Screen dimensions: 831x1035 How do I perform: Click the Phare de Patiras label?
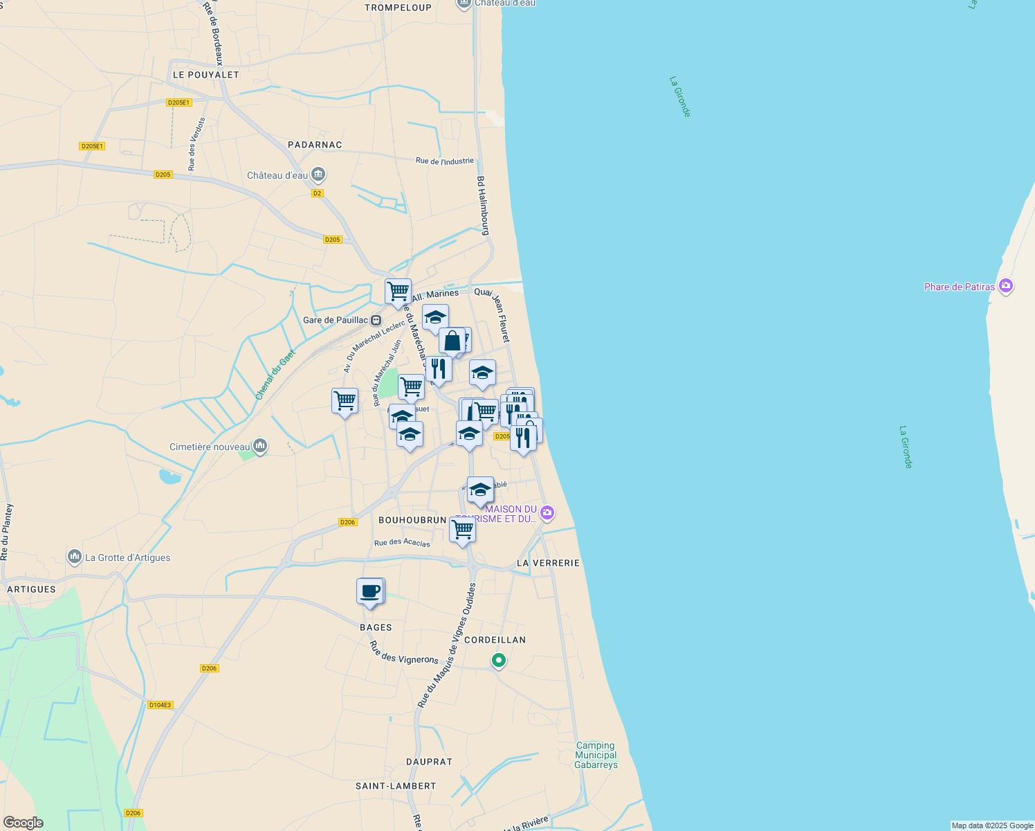(960, 287)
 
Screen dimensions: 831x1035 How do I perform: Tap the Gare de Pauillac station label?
(336, 320)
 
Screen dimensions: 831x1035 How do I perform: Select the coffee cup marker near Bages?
(370, 591)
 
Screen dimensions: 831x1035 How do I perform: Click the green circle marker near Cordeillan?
(498, 661)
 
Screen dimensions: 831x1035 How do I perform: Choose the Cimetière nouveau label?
(210, 447)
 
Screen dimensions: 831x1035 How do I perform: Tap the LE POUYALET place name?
(205, 75)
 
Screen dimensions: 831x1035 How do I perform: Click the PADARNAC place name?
(315, 145)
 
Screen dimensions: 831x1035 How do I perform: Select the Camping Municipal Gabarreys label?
(596, 755)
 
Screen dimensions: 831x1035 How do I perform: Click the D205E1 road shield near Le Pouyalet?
(178, 102)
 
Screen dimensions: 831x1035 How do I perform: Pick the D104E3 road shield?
(160, 705)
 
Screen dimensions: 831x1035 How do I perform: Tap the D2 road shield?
(318, 193)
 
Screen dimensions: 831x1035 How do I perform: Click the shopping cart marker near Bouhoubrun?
(462, 530)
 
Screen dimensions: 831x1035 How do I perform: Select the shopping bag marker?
(452, 341)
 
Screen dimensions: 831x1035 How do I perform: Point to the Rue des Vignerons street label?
(403, 652)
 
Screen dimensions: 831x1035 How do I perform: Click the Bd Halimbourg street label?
(484, 206)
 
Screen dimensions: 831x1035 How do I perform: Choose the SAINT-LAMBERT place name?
(396, 786)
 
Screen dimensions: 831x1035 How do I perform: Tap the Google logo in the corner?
(23, 823)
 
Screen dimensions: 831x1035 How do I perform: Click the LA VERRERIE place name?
(548, 563)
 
